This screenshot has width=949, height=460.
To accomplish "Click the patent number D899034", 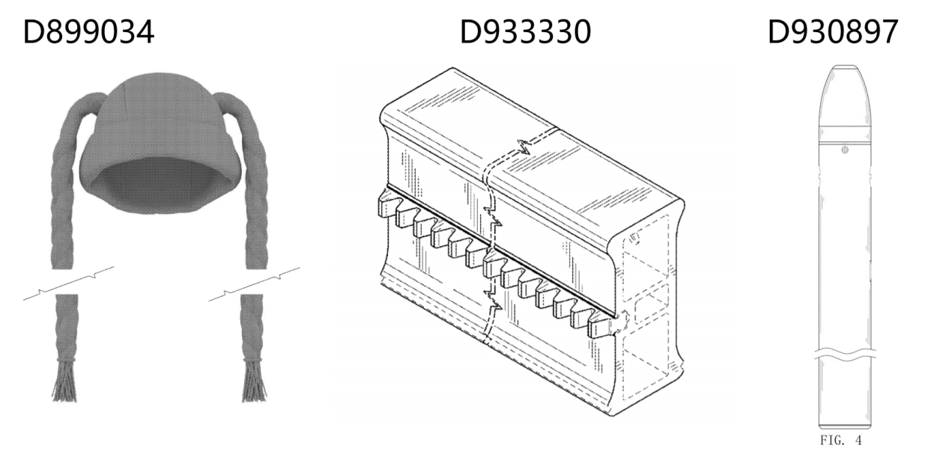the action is click(x=88, y=32).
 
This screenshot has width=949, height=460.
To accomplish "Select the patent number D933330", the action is click(x=525, y=32).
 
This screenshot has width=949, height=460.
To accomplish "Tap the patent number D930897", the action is click(x=833, y=32).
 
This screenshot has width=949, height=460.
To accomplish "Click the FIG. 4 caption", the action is click(x=841, y=441).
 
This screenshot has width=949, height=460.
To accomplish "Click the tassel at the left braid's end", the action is click(x=64, y=380).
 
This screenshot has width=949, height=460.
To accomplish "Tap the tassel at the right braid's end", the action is click(x=255, y=380).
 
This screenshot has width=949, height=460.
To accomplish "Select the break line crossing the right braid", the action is click(x=254, y=284).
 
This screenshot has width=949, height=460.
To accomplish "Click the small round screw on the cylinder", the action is click(x=845, y=150).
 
